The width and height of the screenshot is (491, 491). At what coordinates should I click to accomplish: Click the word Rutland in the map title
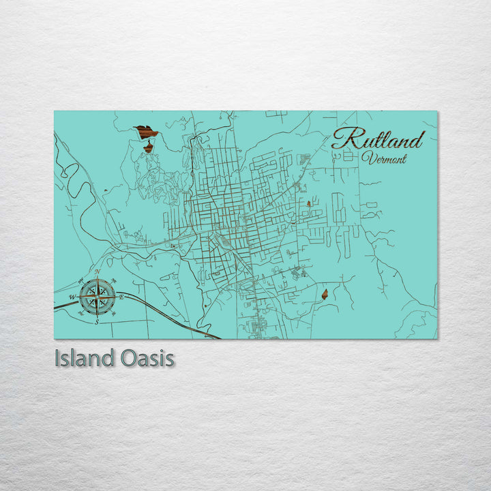tap(378, 140)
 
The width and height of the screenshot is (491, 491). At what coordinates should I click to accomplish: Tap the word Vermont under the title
tap(385, 159)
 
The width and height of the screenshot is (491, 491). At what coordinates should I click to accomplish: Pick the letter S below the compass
tap(97, 321)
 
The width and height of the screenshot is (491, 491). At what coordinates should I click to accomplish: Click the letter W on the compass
tap(73, 297)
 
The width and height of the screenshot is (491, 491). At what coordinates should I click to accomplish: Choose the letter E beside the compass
tap(121, 297)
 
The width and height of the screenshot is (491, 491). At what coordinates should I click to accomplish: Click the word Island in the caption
tap(84, 358)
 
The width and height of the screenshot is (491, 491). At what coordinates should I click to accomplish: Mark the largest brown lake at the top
tap(145, 131)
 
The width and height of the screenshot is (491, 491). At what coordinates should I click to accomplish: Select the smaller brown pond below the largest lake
tap(148, 147)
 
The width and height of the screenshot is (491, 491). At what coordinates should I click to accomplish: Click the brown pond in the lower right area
tap(325, 295)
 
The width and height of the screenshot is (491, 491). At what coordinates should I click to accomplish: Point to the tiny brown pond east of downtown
tap(309, 203)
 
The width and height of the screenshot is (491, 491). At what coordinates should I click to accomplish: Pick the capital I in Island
tap(57, 358)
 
